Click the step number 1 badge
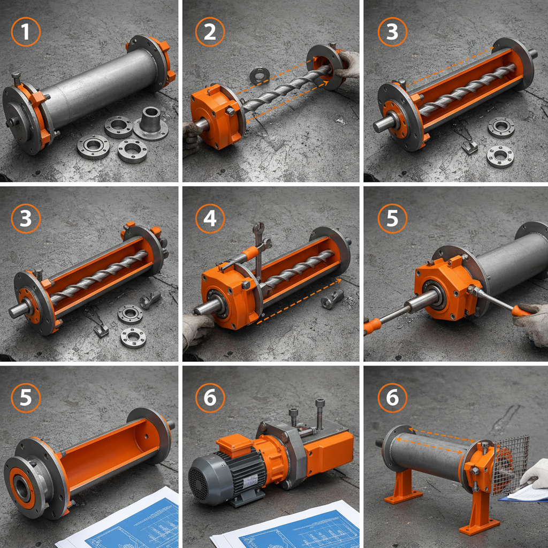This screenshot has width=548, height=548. point(26,32)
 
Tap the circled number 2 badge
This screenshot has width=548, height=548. point(210,32)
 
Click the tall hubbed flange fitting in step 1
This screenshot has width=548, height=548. point(151,121)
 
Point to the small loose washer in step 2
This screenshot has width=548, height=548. point(260,75)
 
